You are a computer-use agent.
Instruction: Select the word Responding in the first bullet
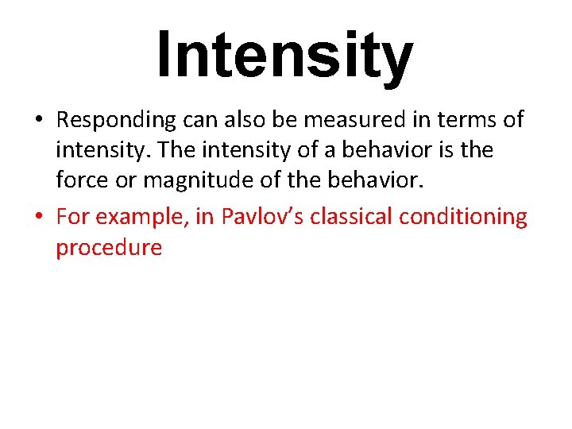116,121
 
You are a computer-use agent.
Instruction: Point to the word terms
466,120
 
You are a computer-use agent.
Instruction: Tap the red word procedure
109,248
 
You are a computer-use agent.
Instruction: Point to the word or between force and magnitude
126,181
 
